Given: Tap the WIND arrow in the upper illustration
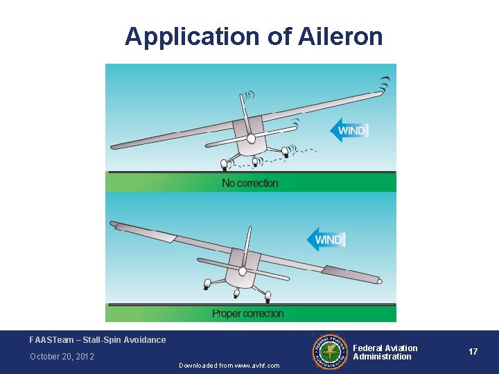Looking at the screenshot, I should pyautogui.click(x=349, y=130).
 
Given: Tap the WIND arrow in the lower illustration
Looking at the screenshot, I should pyautogui.click(x=326, y=240).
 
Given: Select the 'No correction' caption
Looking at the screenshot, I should pyautogui.click(x=250, y=183).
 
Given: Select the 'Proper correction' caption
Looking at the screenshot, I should pyautogui.click(x=248, y=314).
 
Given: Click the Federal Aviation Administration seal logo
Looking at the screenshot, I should pyautogui.click(x=330, y=352).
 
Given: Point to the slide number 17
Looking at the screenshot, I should pyautogui.click(x=473, y=352).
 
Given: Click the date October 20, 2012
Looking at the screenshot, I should pyautogui.click(x=62, y=357).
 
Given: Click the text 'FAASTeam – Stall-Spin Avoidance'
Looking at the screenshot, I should pyautogui.click(x=98, y=340).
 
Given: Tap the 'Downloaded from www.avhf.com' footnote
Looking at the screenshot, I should pyautogui.click(x=229, y=366).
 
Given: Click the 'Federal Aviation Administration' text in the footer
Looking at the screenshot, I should pyautogui.click(x=385, y=352).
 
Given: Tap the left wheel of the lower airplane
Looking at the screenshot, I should pyautogui.click(x=206, y=284).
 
